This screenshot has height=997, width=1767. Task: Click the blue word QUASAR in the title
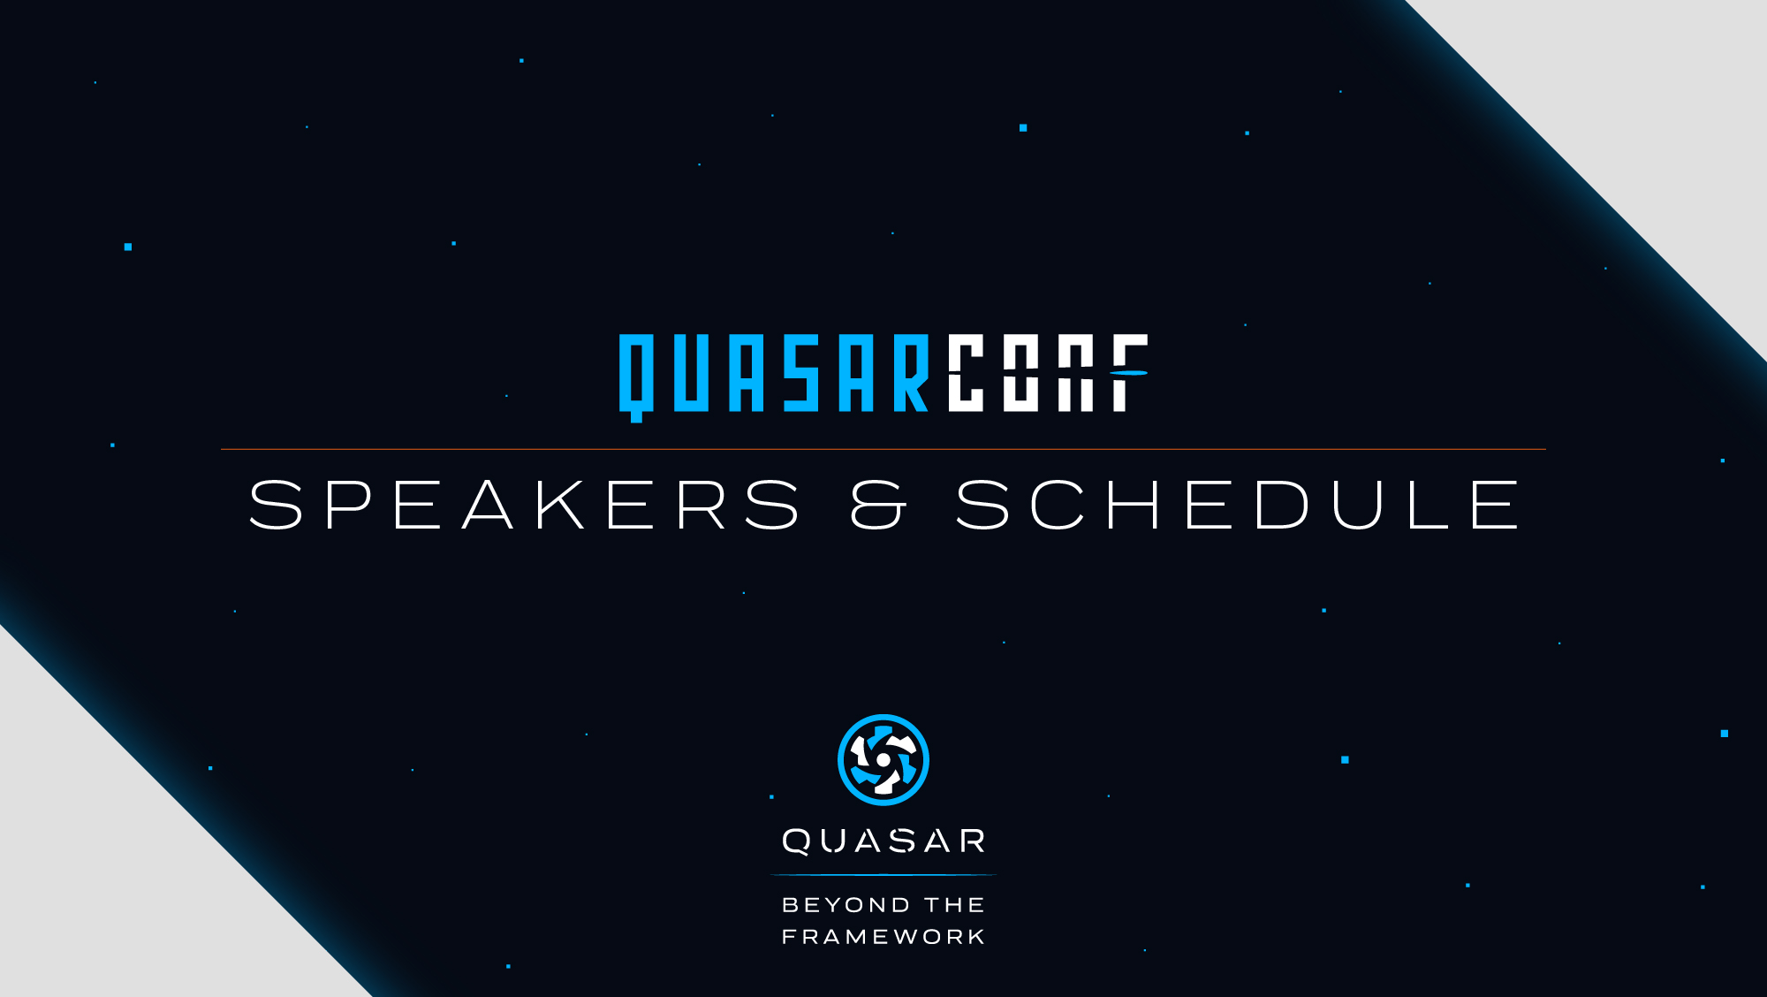point(774,377)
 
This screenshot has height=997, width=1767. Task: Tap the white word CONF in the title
point(1048,373)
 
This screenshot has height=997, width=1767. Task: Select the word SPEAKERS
point(525,505)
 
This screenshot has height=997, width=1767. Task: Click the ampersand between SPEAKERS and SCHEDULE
point(878,505)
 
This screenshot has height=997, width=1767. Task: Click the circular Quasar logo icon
point(883,760)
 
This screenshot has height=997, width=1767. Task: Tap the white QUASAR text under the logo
point(883,841)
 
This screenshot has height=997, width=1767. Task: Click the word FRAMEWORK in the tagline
point(883,937)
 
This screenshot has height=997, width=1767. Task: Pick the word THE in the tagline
point(955,905)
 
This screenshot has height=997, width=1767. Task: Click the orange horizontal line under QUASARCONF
point(883,449)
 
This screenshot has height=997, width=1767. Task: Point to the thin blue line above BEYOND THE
point(883,875)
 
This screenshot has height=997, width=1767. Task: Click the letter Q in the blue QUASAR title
point(636,377)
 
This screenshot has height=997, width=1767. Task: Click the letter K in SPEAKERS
point(560,505)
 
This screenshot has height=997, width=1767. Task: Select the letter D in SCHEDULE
point(1282,505)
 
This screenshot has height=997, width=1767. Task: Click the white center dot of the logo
point(883,759)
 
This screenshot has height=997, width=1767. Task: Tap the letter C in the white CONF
point(966,373)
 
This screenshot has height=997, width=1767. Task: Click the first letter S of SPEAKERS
point(276,505)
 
